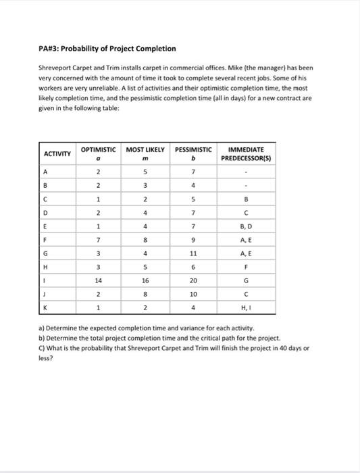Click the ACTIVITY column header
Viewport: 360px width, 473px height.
(x=57, y=154)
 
